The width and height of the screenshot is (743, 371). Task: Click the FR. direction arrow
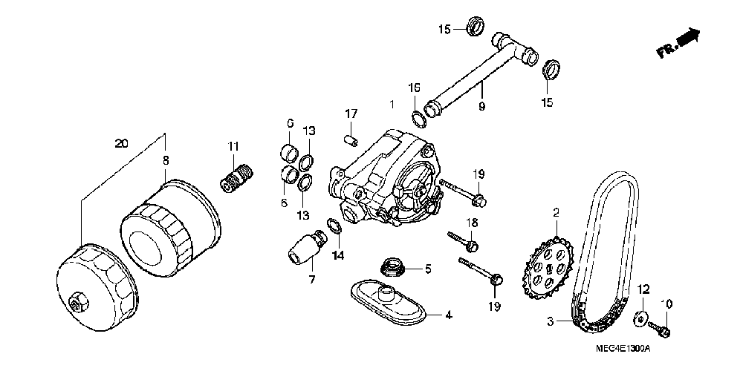[680, 42]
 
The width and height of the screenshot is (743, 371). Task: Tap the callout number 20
[121, 143]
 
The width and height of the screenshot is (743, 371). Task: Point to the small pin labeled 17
[351, 139]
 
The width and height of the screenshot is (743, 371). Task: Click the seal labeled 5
[390, 266]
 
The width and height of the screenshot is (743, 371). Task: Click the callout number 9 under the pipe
[481, 107]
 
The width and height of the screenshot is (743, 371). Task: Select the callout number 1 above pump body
[392, 104]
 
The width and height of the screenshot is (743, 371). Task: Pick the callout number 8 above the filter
[165, 159]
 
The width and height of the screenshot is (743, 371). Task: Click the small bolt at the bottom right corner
[661, 327]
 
